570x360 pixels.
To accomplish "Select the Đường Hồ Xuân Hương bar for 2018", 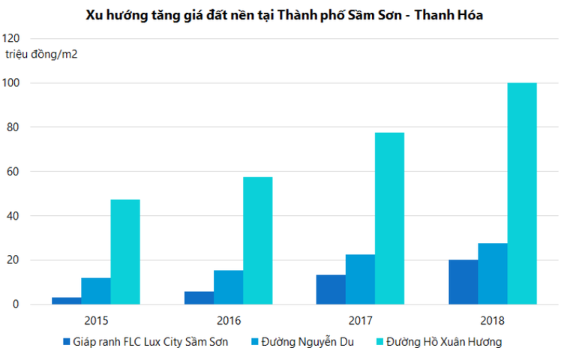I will point(522,193).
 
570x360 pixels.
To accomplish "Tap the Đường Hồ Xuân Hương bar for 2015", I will point(125,252).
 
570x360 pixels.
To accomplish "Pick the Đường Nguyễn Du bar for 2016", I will point(228,287).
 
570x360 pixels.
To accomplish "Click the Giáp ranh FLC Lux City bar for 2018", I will point(463,282).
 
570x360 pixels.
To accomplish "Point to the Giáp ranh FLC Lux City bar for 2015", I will point(66,301).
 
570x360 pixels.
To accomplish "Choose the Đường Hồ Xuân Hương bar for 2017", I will point(389,218).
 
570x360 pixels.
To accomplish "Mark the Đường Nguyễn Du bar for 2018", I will point(492,274).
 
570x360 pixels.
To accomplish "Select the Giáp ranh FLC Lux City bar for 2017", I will point(331,289).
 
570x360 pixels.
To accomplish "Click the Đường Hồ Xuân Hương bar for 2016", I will point(257,241).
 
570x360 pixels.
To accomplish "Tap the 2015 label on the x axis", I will point(96,320).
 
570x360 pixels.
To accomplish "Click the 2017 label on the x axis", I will point(360,320).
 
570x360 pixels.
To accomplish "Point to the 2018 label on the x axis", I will point(493,320).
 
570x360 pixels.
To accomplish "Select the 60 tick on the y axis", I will point(13,172).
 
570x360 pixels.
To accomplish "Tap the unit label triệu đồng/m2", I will point(42,54).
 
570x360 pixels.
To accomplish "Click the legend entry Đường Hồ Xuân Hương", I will point(438,342).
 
